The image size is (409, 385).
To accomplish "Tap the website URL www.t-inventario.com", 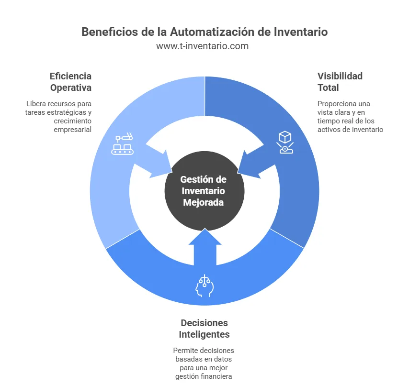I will [204, 46].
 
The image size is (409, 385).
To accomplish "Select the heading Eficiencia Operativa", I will [70, 82].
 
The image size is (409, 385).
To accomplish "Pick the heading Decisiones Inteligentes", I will [204, 328].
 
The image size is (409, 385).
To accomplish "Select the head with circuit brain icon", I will [204, 286].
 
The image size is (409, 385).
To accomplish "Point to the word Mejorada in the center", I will [204, 202].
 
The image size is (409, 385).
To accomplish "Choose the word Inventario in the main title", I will [301, 32].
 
